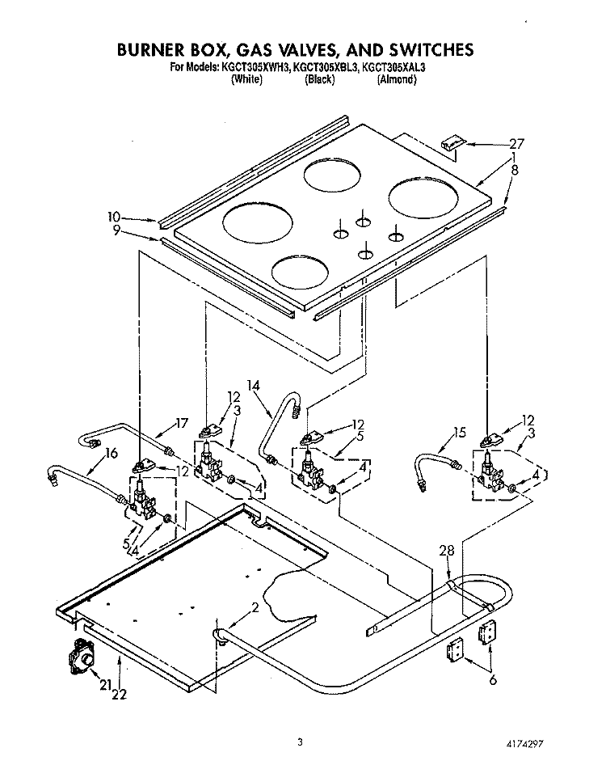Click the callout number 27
[x=516, y=143]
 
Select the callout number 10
[x=114, y=216]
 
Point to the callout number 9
[x=116, y=230]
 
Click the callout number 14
[x=253, y=386]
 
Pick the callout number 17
[x=181, y=423]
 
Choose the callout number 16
[x=112, y=453]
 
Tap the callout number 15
[x=459, y=433]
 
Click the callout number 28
[x=446, y=551]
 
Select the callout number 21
[x=107, y=685]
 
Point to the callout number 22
[x=120, y=693]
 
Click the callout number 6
[x=493, y=679]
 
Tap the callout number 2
[x=255, y=607]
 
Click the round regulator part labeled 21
[x=82, y=657]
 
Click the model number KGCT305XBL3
[x=326, y=68]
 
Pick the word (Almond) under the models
[x=397, y=79]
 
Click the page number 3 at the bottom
[x=300, y=742]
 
